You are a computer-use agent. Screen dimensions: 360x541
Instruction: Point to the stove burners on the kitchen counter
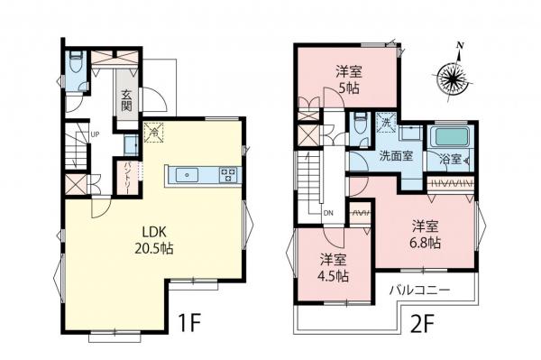(x=227, y=174)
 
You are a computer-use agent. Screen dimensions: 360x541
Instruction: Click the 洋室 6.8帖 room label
(x=427, y=232)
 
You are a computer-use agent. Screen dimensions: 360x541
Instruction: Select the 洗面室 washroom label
(x=396, y=154)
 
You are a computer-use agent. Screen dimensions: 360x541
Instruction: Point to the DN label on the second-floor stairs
(x=327, y=214)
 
